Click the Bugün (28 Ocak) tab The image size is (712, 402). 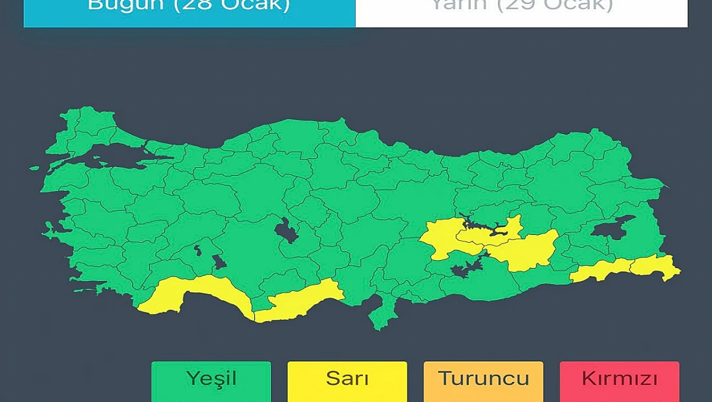(x=189, y=9)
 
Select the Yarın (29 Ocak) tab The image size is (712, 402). (x=521, y=9)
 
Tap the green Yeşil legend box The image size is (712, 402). (x=211, y=381)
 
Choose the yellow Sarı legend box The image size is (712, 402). (x=347, y=381)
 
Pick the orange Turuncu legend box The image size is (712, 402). (x=483, y=381)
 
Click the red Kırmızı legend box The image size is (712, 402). (x=619, y=381)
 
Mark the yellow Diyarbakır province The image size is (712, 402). (x=527, y=249)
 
